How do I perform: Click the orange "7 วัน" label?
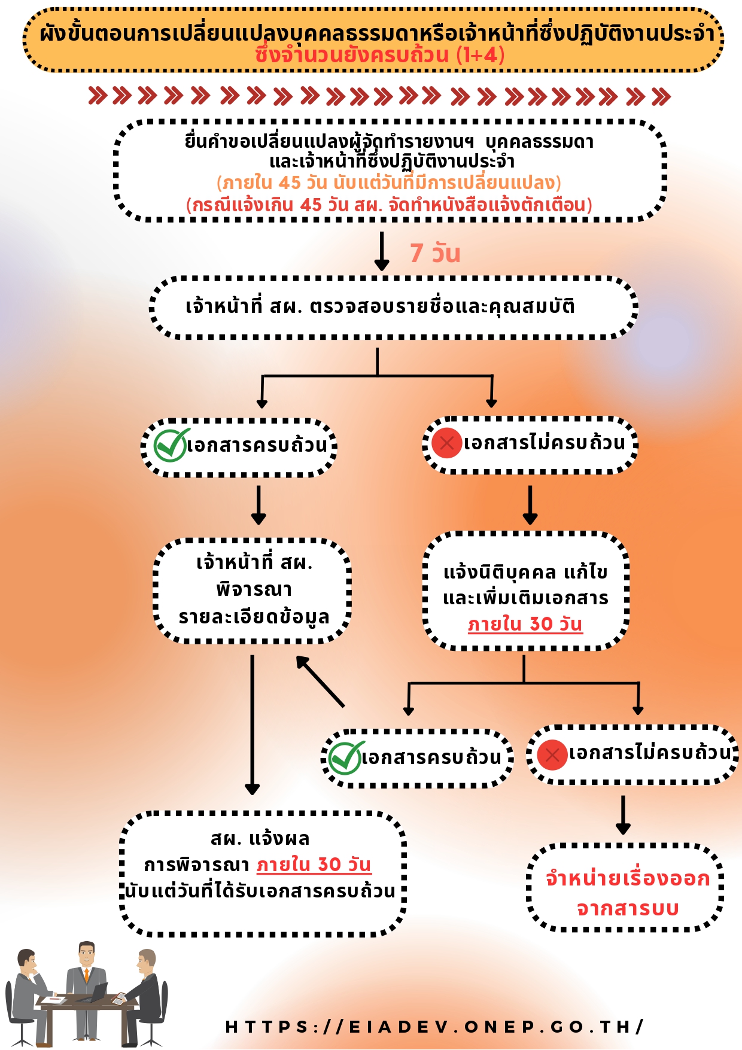(x=435, y=253)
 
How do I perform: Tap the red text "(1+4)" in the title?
(x=481, y=55)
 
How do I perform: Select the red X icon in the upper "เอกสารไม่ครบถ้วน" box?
(x=446, y=443)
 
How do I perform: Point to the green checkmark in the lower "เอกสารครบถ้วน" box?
(x=345, y=758)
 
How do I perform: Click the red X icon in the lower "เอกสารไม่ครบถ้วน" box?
(x=552, y=754)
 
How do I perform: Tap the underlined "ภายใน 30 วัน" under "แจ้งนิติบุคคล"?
(x=525, y=624)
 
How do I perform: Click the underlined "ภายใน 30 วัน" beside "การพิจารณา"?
(x=314, y=865)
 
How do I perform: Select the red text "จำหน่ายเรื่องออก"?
(x=627, y=878)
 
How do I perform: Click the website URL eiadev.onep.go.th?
(x=434, y=1027)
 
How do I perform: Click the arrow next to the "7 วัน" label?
(x=381, y=251)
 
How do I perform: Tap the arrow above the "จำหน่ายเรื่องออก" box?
(x=623, y=814)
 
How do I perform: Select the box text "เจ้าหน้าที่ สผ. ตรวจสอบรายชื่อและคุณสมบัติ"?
(x=380, y=306)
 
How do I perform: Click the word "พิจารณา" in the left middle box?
(x=254, y=589)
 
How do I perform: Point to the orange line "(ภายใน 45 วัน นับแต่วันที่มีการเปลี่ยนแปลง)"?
(x=389, y=182)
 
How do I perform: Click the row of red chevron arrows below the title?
(x=379, y=96)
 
